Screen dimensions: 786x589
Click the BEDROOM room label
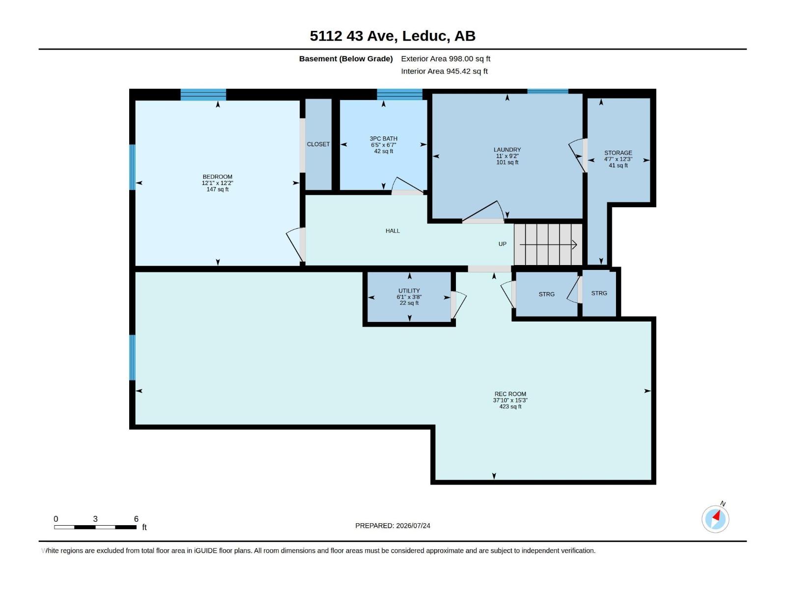[x=217, y=177]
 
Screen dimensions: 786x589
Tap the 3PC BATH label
[x=384, y=139]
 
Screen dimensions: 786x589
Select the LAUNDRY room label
[x=507, y=150]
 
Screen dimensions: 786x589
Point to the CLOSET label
[x=318, y=144]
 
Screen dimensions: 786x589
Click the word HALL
[x=393, y=231]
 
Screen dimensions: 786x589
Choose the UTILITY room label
[x=409, y=291]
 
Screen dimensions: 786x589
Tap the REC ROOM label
[x=510, y=394]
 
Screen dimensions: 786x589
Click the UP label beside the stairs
[x=503, y=244]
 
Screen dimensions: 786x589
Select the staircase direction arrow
[x=548, y=244]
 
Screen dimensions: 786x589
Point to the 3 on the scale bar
[x=95, y=519]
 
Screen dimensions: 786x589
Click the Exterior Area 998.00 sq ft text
[x=446, y=58]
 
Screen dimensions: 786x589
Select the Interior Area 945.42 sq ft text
[x=445, y=71]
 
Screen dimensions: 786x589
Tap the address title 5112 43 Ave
[x=352, y=36]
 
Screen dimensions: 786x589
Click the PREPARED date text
[x=393, y=526]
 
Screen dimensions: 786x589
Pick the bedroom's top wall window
[x=203, y=95]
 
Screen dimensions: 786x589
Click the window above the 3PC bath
[x=399, y=94]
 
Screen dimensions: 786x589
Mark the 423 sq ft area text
[x=510, y=406]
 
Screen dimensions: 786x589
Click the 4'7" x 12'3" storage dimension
[x=618, y=159]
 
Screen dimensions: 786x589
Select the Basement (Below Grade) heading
[x=346, y=58]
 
